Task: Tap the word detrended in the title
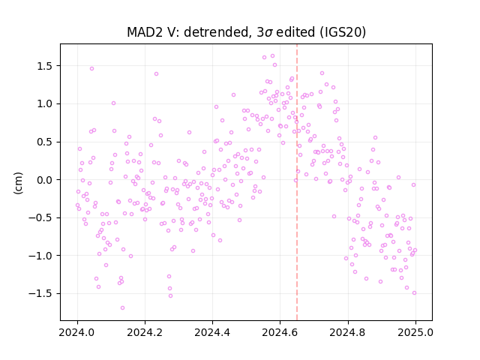pos(217,32)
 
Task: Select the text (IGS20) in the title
pos(343,32)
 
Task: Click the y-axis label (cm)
pos(18,183)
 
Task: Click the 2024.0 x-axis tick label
pos(77,332)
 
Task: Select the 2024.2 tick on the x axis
pos(145,332)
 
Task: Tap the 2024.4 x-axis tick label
pos(212,332)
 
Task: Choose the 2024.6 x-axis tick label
pos(280,332)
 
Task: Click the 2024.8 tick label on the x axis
pos(348,332)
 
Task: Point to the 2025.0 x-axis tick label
pos(415,332)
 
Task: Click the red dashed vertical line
pos(297,182)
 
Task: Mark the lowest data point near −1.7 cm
pos(122,308)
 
